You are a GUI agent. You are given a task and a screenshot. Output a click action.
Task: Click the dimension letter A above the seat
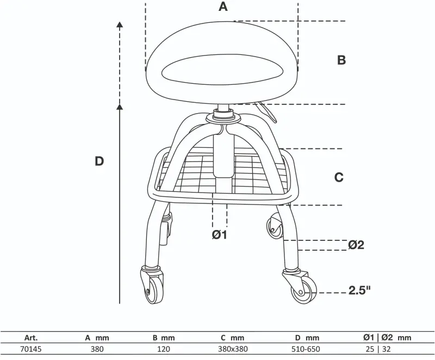(222, 7)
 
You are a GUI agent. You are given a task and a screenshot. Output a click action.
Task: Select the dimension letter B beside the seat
(341, 60)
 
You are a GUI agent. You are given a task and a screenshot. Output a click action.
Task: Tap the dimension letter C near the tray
(339, 177)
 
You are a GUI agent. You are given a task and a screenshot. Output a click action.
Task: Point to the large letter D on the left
(99, 161)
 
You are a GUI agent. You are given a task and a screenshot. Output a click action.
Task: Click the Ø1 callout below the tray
(219, 235)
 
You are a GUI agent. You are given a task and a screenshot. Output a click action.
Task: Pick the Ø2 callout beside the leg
(356, 245)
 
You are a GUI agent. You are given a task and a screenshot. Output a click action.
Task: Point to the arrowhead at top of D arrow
(120, 24)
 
